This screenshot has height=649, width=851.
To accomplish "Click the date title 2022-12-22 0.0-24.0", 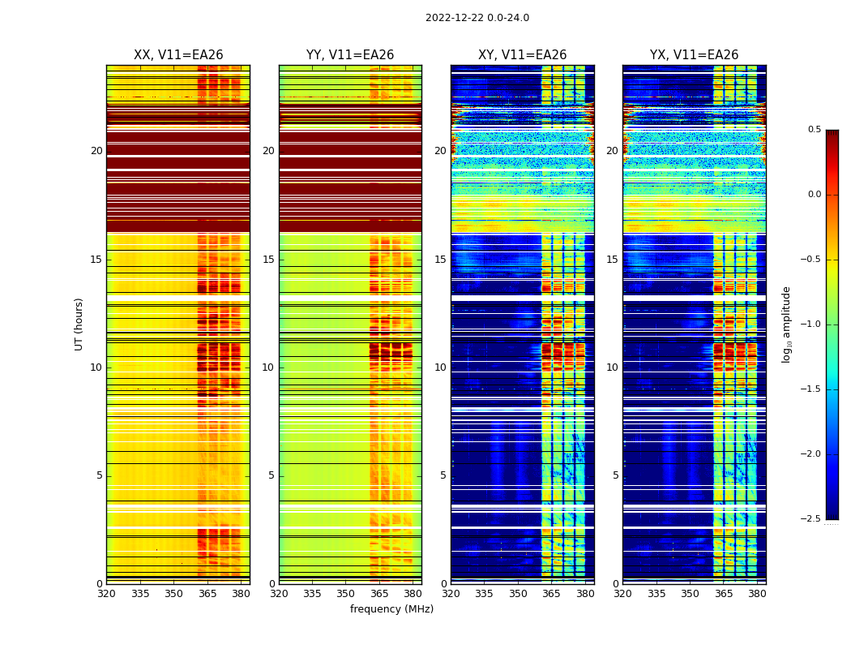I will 477,18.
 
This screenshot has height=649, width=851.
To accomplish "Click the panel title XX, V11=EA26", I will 178,55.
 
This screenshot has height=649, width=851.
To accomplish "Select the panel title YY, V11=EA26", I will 350,55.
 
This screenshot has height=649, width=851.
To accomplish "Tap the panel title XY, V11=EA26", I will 522,55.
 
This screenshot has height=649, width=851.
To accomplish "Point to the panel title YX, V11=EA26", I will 694,55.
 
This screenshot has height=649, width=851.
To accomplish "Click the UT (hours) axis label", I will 79,324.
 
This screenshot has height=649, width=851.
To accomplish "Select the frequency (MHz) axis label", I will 391,609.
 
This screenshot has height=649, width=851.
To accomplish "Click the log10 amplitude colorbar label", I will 786,324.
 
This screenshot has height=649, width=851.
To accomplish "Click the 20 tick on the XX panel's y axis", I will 96,151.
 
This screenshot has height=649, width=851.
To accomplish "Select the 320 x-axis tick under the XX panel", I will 106,593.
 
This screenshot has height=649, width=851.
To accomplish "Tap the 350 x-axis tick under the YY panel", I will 345,593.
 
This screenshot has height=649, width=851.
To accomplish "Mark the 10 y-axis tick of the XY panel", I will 440,367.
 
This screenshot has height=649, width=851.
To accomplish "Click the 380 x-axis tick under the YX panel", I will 757,593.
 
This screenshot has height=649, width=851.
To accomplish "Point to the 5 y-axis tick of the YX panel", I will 615,475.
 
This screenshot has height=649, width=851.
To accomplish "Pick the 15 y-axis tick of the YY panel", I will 268,260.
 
